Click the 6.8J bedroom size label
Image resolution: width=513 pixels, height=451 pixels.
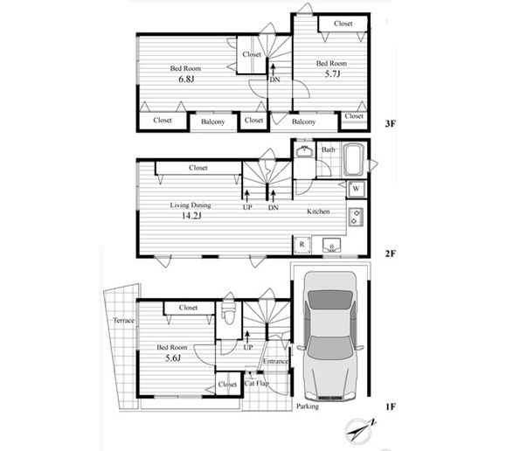pyautogui.click(x=186, y=79)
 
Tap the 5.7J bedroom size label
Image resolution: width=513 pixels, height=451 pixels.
pyautogui.click(x=332, y=74)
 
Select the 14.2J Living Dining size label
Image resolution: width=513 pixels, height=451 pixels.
pyautogui.click(x=191, y=216)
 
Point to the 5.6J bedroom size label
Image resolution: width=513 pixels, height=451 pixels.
pyautogui.click(x=173, y=358)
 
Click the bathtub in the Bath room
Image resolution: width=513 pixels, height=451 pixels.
pyautogui.click(x=354, y=160)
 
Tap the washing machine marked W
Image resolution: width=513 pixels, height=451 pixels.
pyautogui.click(x=357, y=189)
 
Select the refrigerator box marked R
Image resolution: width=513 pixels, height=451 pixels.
pyautogui.click(x=302, y=244)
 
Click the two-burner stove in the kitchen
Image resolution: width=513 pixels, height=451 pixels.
pyautogui.click(x=356, y=217)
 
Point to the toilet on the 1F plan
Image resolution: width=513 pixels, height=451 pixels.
pyautogui.click(x=229, y=313)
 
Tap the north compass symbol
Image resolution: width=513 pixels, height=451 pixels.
pyautogui.click(x=360, y=430)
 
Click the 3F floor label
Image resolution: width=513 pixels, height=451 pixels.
pyautogui.click(x=391, y=124)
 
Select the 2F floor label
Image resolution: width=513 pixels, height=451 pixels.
pyautogui.click(x=391, y=253)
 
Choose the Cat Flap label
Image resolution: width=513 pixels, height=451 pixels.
pyautogui.click(x=257, y=383)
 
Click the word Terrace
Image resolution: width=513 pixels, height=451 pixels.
pyautogui.click(x=124, y=321)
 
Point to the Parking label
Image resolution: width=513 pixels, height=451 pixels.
pyautogui.click(x=308, y=406)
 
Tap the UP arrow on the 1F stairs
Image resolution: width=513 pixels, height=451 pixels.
pyautogui.click(x=247, y=337)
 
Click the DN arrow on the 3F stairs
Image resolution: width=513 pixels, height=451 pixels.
pyautogui.click(x=273, y=70)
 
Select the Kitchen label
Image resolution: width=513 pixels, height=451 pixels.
pyautogui.click(x=318, y=212)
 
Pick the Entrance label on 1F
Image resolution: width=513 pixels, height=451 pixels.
pyautogui.click(x=275, y=361)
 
